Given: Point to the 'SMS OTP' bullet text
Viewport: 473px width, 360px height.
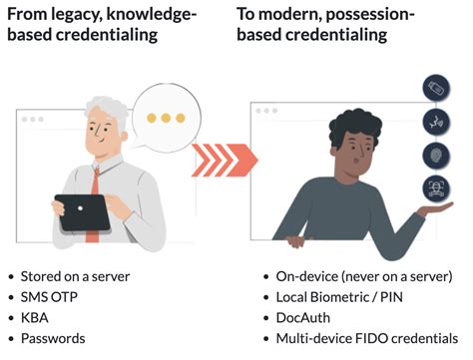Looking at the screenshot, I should (50, 296).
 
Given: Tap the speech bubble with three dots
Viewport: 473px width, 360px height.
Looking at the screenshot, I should (166, 117).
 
